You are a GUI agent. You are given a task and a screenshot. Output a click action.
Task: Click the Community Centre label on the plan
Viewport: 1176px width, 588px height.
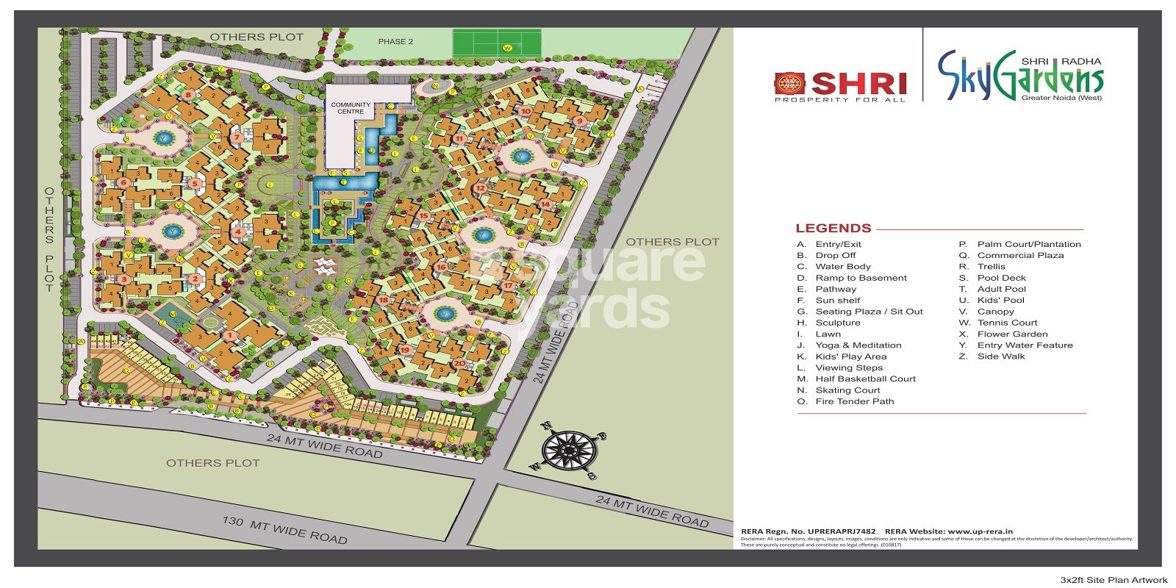point(351,108)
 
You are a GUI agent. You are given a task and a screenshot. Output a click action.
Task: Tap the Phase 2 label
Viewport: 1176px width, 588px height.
point(395,42)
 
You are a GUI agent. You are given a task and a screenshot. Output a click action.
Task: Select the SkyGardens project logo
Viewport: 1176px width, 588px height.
point(1020,76)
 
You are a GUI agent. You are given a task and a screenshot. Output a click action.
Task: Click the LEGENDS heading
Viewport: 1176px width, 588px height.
point(833,229)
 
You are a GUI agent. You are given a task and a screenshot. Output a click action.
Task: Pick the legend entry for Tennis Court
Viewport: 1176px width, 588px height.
point(1006,323)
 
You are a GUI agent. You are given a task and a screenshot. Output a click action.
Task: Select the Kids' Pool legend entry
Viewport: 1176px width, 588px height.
point(1000,301)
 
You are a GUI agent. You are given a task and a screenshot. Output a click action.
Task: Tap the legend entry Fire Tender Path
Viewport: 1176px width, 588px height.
point(854,401)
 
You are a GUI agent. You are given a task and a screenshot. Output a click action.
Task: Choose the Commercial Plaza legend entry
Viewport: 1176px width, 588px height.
point(1019,256)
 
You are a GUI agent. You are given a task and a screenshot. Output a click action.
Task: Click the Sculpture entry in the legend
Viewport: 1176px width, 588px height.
point(837,323)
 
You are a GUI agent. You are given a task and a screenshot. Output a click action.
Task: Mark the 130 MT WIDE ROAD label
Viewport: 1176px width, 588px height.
point(284,529)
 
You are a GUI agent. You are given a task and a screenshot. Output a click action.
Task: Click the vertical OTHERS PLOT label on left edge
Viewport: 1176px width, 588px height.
point(49,240)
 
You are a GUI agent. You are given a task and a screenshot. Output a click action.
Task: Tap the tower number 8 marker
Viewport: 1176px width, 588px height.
point(188,95)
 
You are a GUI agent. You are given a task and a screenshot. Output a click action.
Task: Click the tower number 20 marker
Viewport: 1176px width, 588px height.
point(459,363)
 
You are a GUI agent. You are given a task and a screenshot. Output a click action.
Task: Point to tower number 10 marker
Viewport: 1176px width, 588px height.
point(526,112)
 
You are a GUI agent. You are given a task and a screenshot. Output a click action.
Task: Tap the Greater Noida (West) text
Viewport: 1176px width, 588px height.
point(1061,98)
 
